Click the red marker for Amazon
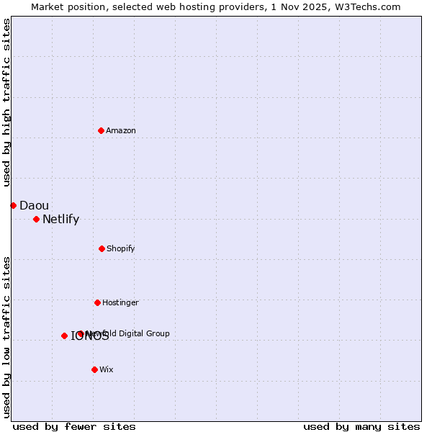click(x=101, y=130)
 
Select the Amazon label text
click(x=121, y=130)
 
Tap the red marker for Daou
click(x=13, y=205)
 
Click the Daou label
click(x=34, y=205)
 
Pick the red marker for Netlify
click(x=36, y=219)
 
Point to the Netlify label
click(x=60, y=220)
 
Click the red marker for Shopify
click(x=102, y=248)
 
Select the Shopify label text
click(x=121, y=248)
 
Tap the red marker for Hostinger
click(x=97, y=302)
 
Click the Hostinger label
click(x=120, y=302)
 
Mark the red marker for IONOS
click(x=64, y=336)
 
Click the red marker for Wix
click(x=94, y=369)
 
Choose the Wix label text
click(x=107, y=369)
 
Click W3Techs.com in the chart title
click(x=367, y=6)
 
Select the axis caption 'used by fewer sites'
click(x=74, y=426)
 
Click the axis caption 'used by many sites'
click(x=361, y=426)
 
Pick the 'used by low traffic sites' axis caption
click(x=6, y=337)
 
